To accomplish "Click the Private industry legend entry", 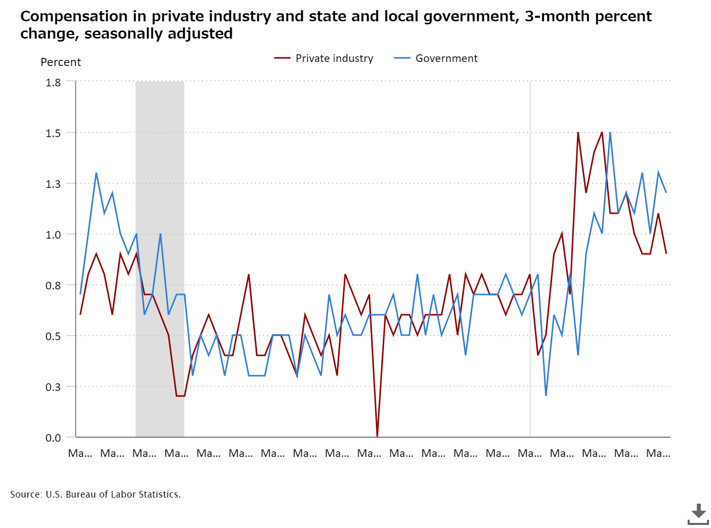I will [334, 58].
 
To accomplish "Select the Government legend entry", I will [446, 58].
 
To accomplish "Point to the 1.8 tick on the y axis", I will [53, 82].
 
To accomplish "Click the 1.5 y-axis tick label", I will [53, 133].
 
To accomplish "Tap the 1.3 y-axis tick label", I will [53, 184].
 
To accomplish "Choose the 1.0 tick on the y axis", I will [53, 235].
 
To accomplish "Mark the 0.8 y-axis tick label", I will [53, 285].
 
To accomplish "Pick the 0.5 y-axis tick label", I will [53, 336].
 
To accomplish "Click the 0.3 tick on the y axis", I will [53, 387].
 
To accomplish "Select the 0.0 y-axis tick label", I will [53, 438].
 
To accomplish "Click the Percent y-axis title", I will [60, 62].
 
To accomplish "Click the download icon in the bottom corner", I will [698, 514].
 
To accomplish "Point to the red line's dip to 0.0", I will [377, 436].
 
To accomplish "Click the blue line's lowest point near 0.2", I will [546, 395].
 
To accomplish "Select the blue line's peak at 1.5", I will [610, 133].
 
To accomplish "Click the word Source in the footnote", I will [25, 494].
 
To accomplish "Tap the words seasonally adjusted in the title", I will [158, 34].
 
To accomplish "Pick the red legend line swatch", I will [282, 58].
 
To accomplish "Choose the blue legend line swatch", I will [402, 58].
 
